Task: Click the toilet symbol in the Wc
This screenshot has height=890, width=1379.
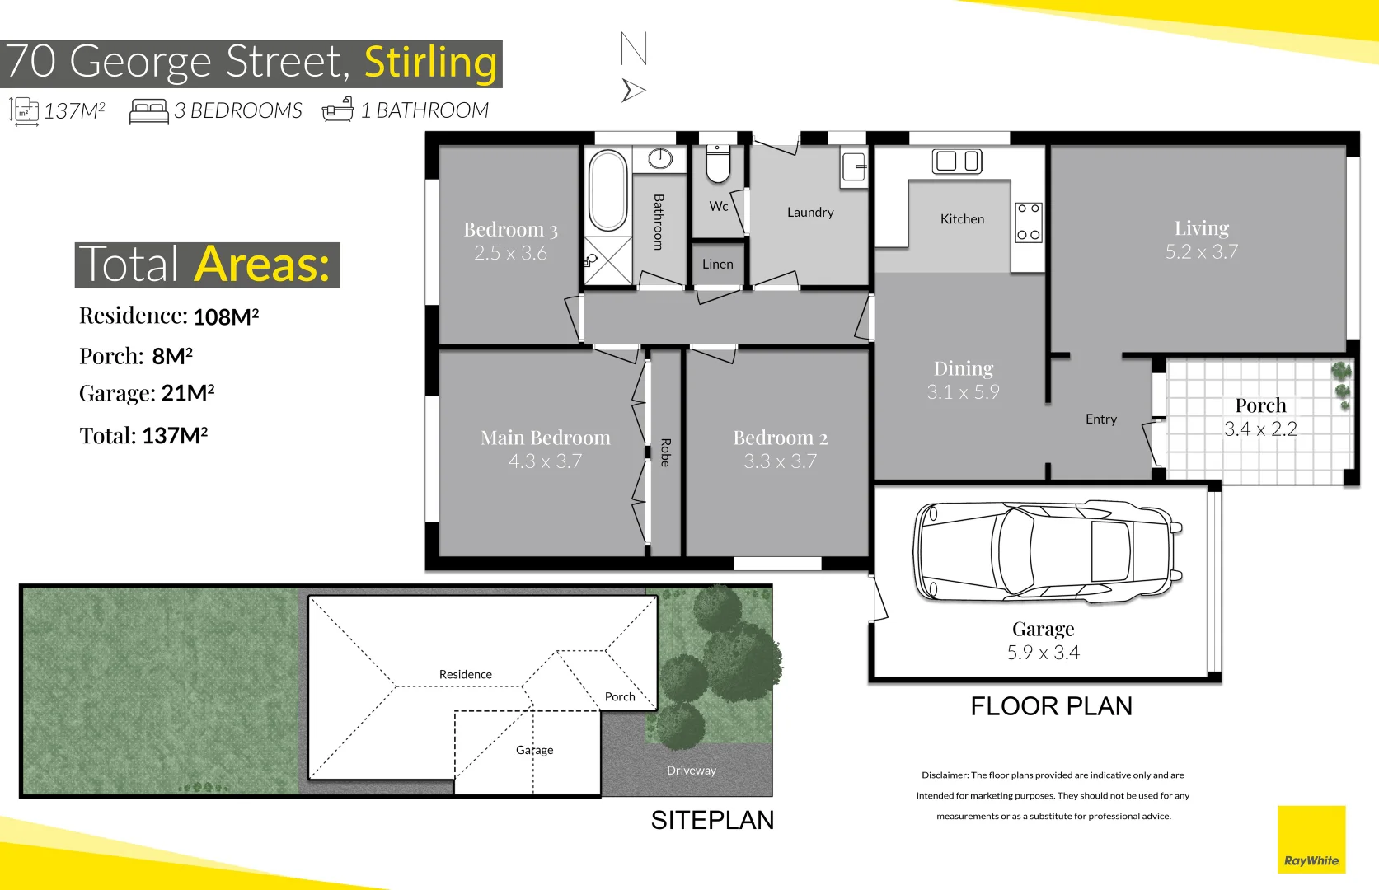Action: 718,165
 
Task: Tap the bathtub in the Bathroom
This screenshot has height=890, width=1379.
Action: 608,190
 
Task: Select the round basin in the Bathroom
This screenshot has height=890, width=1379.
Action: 660,158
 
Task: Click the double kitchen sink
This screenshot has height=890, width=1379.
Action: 957,162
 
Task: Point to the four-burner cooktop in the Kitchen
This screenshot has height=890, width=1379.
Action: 1028,222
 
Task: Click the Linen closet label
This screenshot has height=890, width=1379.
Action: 717,265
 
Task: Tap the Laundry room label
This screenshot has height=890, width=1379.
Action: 810,213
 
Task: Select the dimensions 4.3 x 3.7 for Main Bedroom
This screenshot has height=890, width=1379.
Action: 545,461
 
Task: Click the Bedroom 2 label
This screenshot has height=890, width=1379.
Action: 780,438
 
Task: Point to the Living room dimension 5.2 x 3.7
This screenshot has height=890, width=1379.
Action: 1201,252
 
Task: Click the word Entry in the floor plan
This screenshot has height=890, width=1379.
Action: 1100,419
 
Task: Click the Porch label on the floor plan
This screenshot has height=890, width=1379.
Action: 1259,405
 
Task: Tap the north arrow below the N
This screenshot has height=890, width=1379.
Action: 632,90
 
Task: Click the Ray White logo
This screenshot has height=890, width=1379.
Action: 1311,839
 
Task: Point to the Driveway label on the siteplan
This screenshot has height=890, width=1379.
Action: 691,771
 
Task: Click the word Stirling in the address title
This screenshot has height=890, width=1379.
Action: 430,63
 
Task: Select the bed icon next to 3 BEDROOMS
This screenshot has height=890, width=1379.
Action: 148,111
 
